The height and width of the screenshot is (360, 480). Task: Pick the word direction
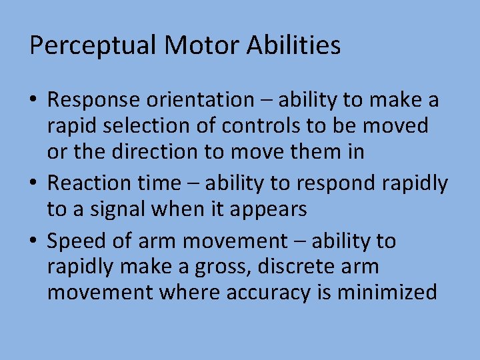[155, 152]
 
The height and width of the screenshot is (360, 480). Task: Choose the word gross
[219, 267]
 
